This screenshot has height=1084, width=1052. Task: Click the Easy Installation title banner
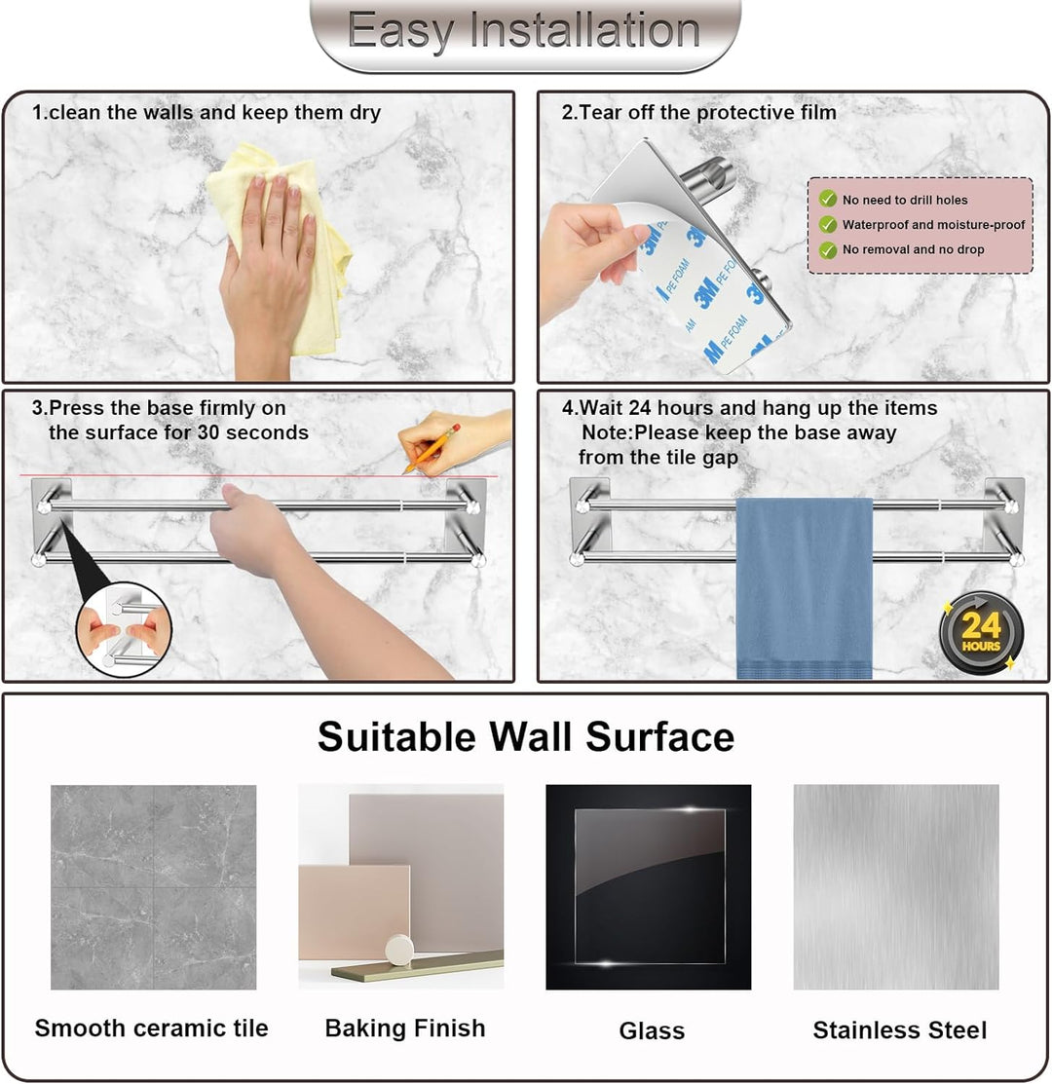(x=525, y=33)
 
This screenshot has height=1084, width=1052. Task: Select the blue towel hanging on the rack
(x=804, y=587)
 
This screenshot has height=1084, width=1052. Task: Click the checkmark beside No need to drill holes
(x=827, y=199)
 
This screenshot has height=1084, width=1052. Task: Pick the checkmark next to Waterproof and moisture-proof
(x=827, y=224)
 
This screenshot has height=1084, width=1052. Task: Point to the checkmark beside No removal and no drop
(x=827, y=249)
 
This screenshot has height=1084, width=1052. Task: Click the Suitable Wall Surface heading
(x=525, y=736)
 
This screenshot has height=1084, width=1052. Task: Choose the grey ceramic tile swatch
(x=154, y=887)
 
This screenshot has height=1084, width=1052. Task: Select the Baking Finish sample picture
(x=401, y=887)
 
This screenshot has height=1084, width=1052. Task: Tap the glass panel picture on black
(x=649, y=887)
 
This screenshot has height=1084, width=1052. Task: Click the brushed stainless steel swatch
(x=896, y=887)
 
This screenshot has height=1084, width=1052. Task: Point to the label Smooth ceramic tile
(x=151, y=1028)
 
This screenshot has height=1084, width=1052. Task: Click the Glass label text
(x=652, y=1030)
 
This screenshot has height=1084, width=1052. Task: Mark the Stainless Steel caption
(x=899, y=1030)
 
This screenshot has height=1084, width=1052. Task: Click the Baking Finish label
(x=405, y=1028)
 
